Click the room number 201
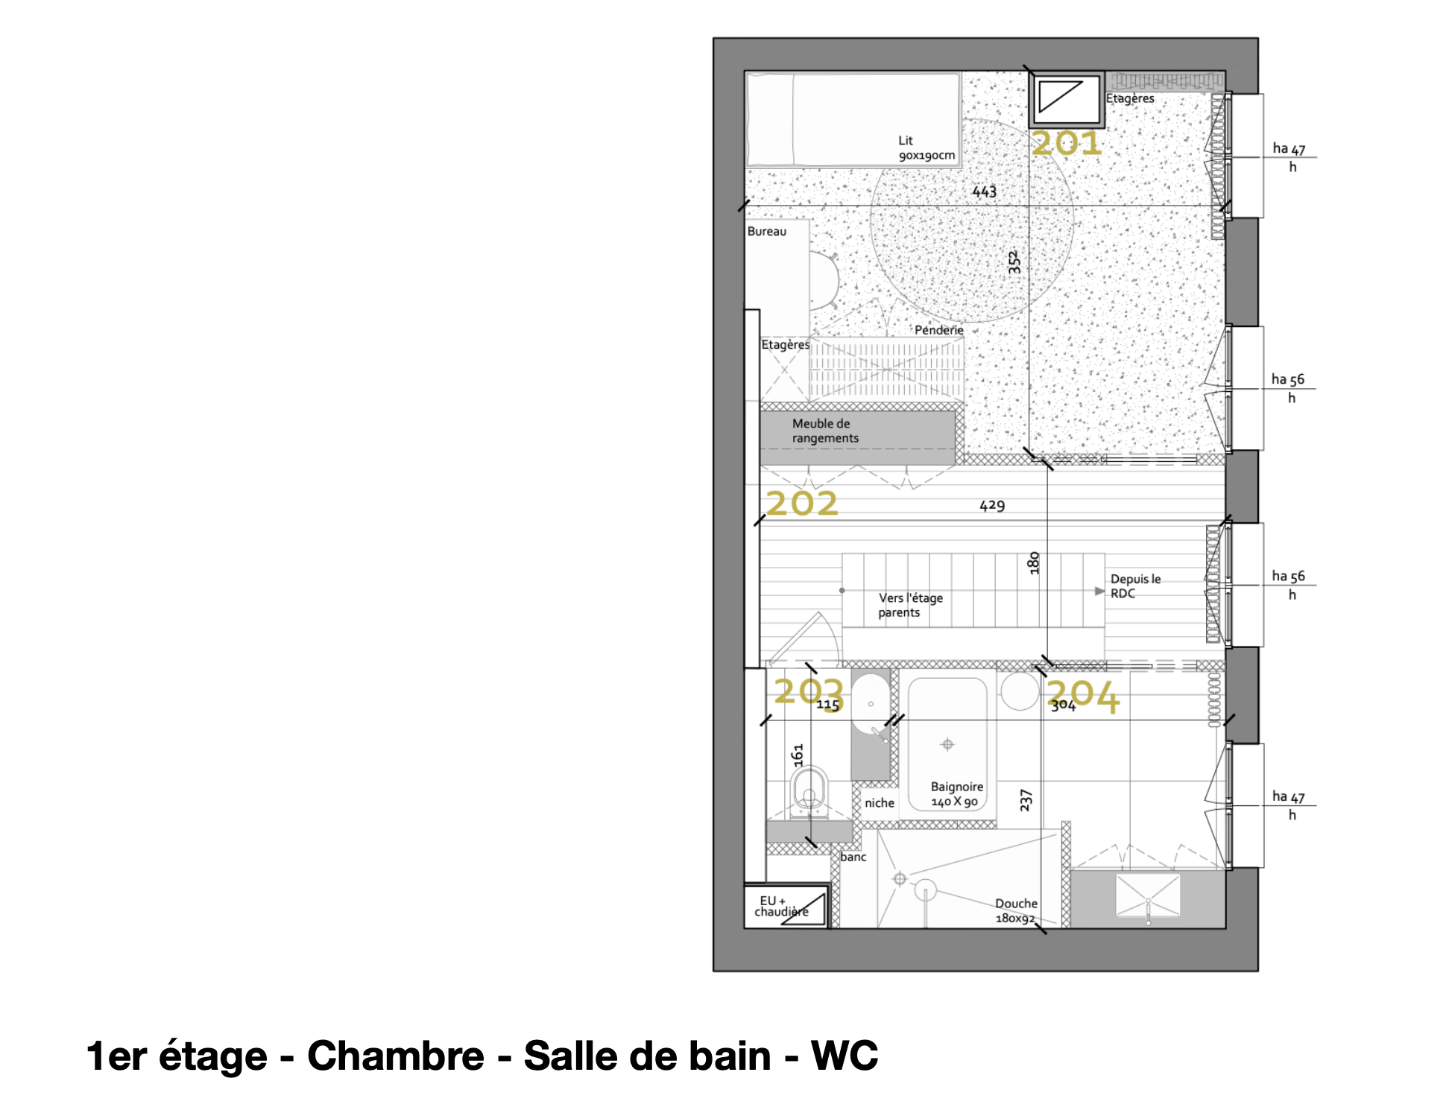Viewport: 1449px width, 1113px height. click(x=1067, y=143)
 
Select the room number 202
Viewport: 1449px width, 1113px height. click(x=802, y=504)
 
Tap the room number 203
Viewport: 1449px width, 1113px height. click(x=808, y=692)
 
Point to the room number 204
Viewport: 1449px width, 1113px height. click(x=1083, y=696)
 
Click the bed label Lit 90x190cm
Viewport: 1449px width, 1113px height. click(x=926, y=148)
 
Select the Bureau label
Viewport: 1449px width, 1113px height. click(x=767, y=232)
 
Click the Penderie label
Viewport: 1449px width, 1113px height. click(x=939, y=330)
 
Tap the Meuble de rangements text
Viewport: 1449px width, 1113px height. click(x=825, y=431)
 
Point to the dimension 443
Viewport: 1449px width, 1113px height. click(x=984, y=191)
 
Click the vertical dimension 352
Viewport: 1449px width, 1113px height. click(x=1014, y=262)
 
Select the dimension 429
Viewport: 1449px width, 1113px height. click(x=992, y=506)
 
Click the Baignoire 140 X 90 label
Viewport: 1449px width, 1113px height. click(x=957, y=794)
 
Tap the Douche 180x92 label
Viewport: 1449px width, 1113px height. click(x=1016, y=910)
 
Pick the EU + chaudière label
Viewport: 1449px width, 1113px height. click(x=781, y=906)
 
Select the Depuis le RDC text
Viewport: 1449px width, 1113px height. click(x=1135, y=586)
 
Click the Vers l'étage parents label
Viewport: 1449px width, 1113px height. click(x=910, y=605)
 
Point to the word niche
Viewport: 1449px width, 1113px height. click(x=880, y=803)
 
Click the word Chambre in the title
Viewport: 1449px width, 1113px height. click(x=396, y=1056)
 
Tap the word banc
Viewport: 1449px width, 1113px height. click(x=853, y=857)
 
